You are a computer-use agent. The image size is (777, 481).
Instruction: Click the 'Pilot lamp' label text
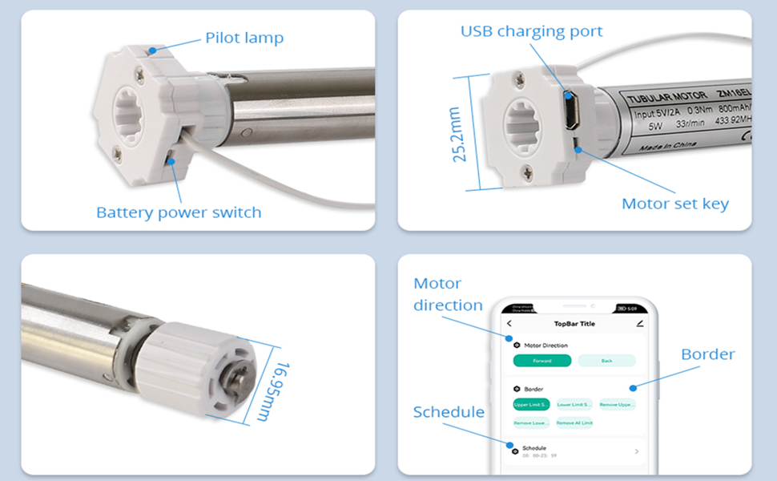(x=244, y=38)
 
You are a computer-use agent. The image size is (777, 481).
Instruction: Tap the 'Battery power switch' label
(x=179, y=212)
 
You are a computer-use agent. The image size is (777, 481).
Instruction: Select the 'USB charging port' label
(x=531, y=32)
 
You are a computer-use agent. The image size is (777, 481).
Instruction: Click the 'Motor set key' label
(x=675, y=204)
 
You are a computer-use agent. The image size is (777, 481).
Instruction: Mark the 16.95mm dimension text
(x=285, y=388)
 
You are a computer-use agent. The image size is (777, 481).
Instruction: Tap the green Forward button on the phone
(x=542, y=361)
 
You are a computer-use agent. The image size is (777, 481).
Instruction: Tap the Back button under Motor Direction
(x=606, y=361)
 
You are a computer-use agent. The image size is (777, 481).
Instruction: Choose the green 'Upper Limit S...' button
(x=531, y=405)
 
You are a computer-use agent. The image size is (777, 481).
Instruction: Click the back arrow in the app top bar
(x=509, y=324)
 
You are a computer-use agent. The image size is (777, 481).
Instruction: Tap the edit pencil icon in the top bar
(x=639, y=324)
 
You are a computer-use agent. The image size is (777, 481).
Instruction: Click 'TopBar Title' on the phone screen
(x=574, y=324)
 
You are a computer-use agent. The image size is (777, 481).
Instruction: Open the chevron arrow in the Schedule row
(x=637, y=451)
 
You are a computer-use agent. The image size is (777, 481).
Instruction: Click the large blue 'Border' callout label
(x=707, y=354)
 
